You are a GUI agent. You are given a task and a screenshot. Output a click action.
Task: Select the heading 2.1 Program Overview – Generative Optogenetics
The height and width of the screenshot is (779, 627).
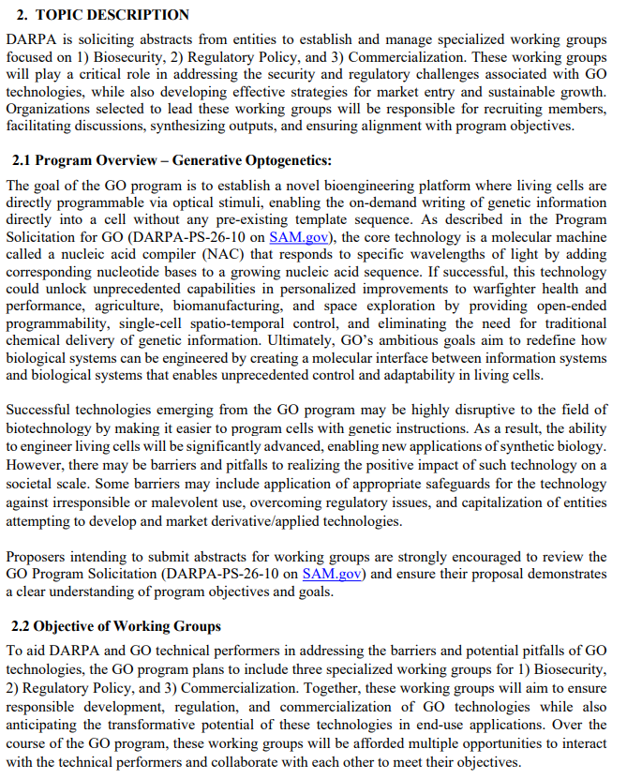coord(172,160)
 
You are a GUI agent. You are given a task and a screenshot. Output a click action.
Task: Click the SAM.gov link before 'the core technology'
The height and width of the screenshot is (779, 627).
coord(298,237)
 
